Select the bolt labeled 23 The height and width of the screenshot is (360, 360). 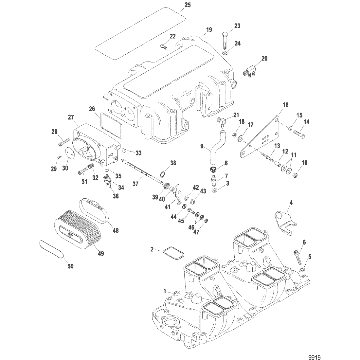pyautogui.click(x=226, y=39)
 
